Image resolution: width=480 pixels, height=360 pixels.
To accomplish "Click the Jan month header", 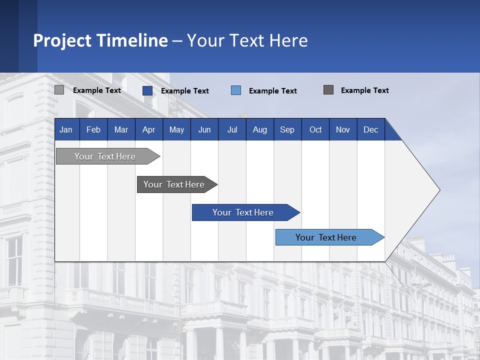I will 66,129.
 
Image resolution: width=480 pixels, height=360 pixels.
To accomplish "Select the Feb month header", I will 93,129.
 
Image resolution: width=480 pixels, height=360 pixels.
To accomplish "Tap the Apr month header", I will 148,129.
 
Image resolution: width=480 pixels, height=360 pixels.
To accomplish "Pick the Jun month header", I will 204,129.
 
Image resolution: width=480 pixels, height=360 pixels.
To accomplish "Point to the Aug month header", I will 259,129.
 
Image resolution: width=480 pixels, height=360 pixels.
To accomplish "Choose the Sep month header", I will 287,129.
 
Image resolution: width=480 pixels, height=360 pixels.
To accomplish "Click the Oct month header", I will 315,129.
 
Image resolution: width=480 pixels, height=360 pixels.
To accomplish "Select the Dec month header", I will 370,129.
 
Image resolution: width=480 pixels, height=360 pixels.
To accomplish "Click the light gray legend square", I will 59,90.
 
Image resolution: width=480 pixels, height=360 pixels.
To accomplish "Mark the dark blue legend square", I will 147,90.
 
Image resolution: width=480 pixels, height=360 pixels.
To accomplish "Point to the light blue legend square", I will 236,90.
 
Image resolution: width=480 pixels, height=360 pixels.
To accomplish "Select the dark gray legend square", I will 328,90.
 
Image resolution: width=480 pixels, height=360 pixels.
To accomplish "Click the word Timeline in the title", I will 131,40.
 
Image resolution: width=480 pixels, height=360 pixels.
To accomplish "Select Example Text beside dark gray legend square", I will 364,90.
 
